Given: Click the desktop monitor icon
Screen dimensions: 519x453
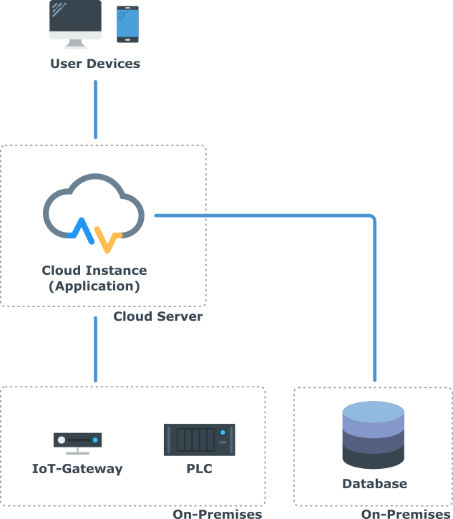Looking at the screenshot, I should click(76, 23).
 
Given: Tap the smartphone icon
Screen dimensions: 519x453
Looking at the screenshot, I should click(127, 24).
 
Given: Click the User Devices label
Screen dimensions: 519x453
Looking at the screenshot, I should click(95, 64).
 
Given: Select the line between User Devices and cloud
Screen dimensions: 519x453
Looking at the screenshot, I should click(95, 109).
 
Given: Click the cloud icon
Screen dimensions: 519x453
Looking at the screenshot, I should click(94, 204).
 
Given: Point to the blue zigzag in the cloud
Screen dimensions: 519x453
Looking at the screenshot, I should click(82, 228).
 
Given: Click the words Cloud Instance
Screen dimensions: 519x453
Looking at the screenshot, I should click(94, 271).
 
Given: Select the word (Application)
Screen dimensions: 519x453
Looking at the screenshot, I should click(94, 286).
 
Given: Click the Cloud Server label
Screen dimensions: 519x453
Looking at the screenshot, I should click(158, 316).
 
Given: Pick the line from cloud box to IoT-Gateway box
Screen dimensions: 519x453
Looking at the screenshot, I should click(95, 349).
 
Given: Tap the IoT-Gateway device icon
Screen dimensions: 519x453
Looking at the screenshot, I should click(77, 442).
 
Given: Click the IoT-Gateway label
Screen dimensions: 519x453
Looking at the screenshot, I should click(77, 470).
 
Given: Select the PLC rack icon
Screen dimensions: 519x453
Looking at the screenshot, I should click(198, 440).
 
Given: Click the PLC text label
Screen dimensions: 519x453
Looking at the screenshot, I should click(198, 470).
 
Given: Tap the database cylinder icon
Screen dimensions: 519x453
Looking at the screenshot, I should click(373, 435).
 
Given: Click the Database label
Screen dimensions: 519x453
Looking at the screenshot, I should click(374, 484).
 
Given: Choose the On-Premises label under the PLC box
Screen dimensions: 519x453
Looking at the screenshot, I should click(217, 514).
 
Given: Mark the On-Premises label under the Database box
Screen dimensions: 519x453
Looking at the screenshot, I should click(406, 514).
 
